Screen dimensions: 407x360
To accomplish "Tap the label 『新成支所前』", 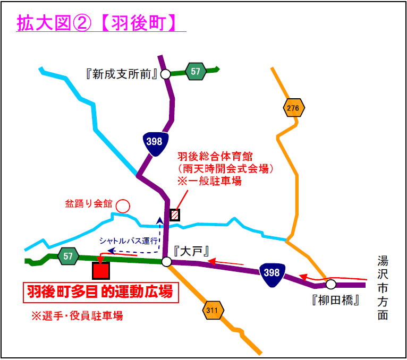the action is [x=122, y=75].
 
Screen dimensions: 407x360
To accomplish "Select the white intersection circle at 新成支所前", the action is [x=165, y=74].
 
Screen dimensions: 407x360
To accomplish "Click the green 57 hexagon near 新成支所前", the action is [x=196, y=71].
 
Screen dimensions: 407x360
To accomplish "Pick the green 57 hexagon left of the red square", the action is [x=68, y=256].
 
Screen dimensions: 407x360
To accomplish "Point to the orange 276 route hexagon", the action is [x=293, y=108].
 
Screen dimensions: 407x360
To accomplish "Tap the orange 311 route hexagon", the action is [x=213, y=310].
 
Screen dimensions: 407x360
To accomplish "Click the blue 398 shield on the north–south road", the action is [x=155, y=143].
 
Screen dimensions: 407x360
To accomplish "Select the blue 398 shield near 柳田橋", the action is [x=272, y=275].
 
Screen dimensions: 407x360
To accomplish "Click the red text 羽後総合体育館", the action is [x=215, y=157].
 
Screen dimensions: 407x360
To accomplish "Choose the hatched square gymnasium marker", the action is [x=175, y=215].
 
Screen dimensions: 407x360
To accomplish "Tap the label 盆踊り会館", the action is [x=89, y=203].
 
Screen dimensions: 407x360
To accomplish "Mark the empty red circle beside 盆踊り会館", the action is [x=123, y=206].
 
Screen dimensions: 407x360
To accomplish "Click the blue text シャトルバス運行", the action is [x=128, y=241].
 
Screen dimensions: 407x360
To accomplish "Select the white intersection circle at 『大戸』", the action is [x=167, y=262].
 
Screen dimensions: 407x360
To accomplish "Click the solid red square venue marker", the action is [x=101, y=270].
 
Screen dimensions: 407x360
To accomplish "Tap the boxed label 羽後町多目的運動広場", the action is [x=101, y=293].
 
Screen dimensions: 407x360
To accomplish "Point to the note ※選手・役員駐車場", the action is [x=77, y=316].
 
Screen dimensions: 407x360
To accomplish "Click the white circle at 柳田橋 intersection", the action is [x=330, y=284].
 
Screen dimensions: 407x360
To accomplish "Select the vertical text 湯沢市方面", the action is [x=383, y=288].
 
